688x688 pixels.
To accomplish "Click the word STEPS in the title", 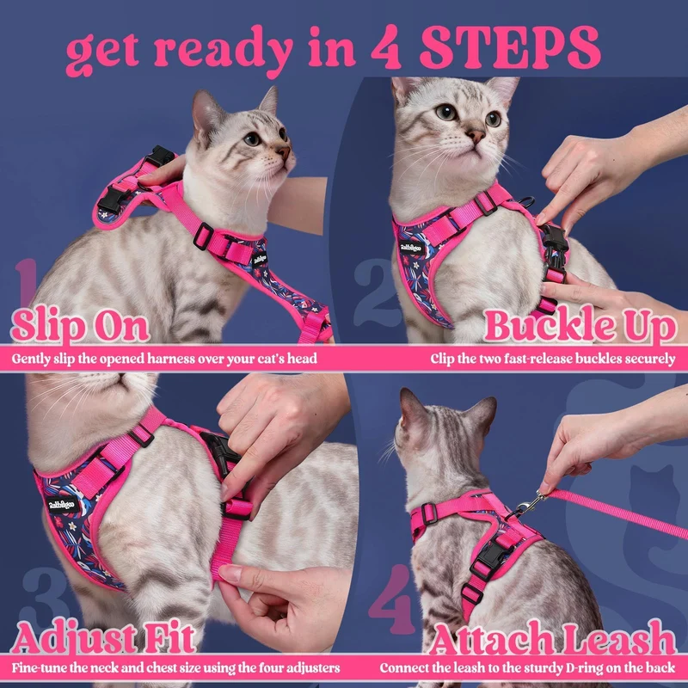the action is (510, 47).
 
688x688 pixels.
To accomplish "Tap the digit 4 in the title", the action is (386, 47).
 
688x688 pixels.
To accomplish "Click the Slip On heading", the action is (80, 326).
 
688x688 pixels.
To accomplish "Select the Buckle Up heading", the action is (580, 326).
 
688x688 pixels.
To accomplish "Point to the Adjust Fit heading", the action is (103, 637).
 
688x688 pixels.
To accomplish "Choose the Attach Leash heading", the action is (553, 637).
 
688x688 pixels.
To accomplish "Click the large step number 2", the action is (377, 292).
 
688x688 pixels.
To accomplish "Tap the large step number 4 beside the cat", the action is (390, 599).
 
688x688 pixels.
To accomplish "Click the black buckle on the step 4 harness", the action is (490, 556).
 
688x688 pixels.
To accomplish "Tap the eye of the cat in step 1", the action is (252, 139).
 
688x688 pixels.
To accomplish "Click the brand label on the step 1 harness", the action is (260, 259).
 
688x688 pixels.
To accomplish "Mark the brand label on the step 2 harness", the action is (412, 247).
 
